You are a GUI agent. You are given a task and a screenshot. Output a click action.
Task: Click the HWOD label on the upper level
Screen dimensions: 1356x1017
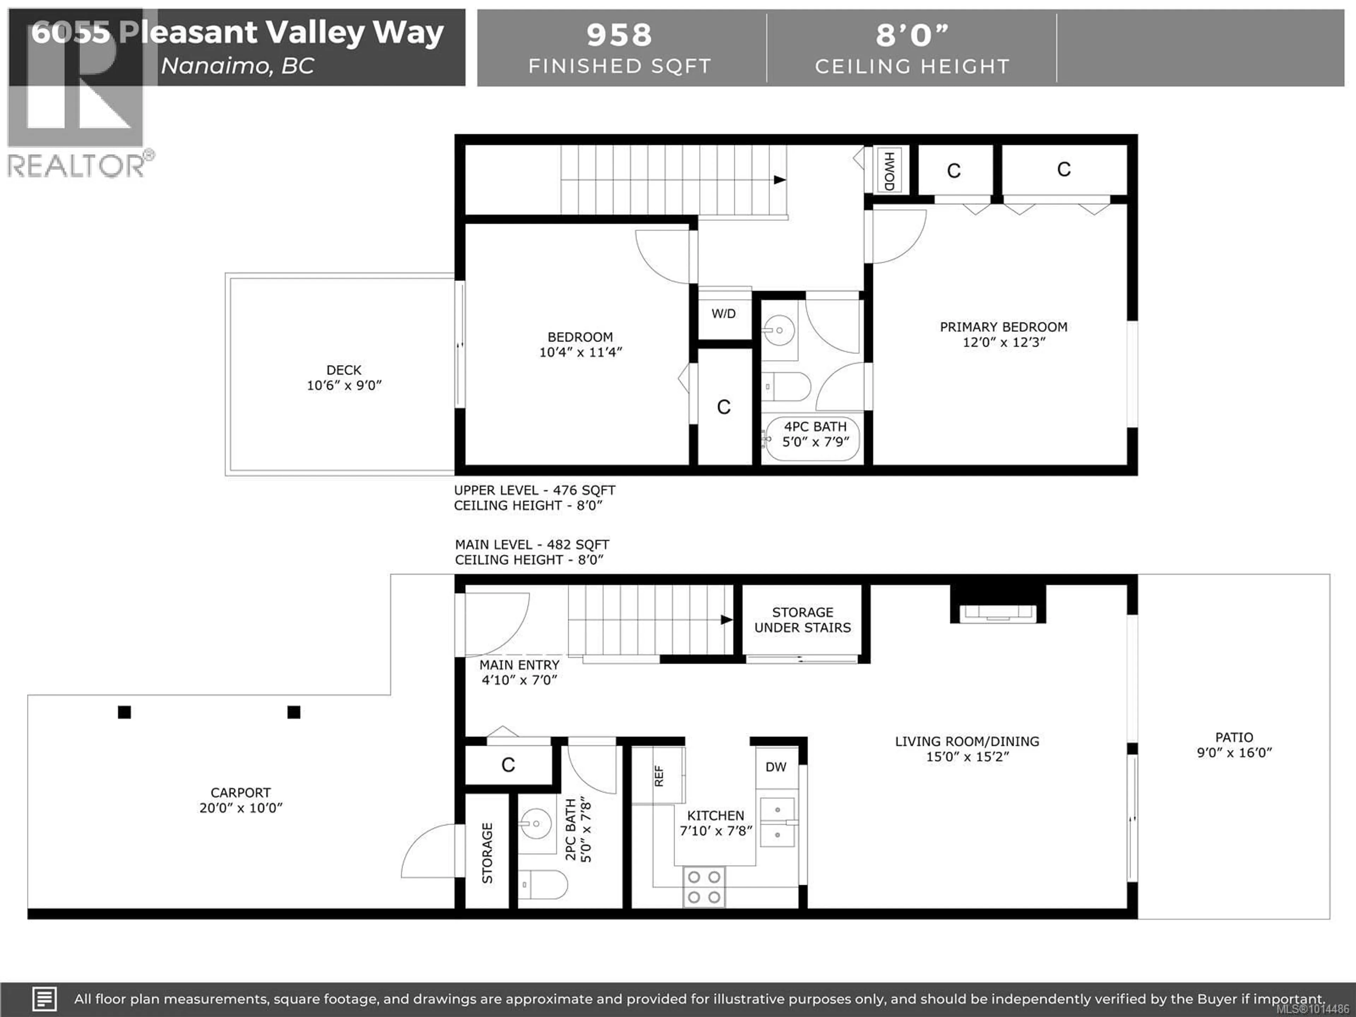[889, 171]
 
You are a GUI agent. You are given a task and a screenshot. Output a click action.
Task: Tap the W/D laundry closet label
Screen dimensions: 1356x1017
[723, 314]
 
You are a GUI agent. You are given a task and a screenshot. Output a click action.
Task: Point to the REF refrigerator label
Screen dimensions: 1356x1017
[659, 776]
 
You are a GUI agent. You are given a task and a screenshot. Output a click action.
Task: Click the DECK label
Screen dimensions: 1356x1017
[344, 370]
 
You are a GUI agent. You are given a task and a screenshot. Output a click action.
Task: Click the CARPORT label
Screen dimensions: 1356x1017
[240, 793]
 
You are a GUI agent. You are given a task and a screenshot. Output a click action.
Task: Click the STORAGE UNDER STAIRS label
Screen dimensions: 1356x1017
[802, 620]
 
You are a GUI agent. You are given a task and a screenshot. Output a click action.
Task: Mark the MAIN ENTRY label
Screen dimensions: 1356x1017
[519, 665]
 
